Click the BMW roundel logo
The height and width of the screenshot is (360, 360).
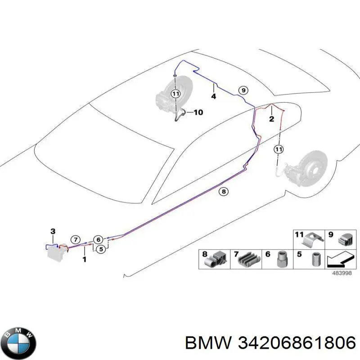20,343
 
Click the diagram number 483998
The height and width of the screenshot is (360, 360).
342,273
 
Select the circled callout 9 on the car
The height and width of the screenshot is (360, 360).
243,90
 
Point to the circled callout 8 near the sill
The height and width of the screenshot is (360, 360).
224,192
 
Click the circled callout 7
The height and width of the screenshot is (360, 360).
76,240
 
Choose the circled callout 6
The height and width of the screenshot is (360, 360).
98,240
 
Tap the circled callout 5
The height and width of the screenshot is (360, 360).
101,249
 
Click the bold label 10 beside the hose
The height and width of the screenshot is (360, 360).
198,112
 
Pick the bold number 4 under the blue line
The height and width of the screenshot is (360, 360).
213,96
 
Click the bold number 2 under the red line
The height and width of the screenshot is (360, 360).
272,119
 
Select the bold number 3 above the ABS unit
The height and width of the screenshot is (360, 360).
53,231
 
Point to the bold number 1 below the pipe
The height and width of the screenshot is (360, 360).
85,260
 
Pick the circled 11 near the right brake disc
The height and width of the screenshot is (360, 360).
279,149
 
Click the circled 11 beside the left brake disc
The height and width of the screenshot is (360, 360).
175,94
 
